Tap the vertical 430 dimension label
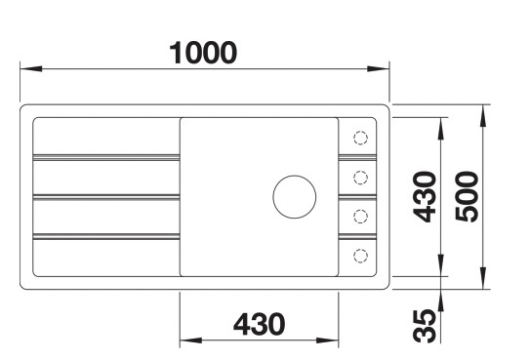(x=423, y=196)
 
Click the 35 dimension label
(x=423, y=324)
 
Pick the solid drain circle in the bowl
(x=294, y=196)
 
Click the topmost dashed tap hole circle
(x=360, y=137)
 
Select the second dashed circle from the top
(x=360, y=177)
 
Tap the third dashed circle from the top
(x=360, y=216)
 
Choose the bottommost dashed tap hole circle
(x=360, y=255)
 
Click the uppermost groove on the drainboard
(x=105, y=156)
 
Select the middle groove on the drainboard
(x=105, y=196)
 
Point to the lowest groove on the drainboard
(x=105, y=236)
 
